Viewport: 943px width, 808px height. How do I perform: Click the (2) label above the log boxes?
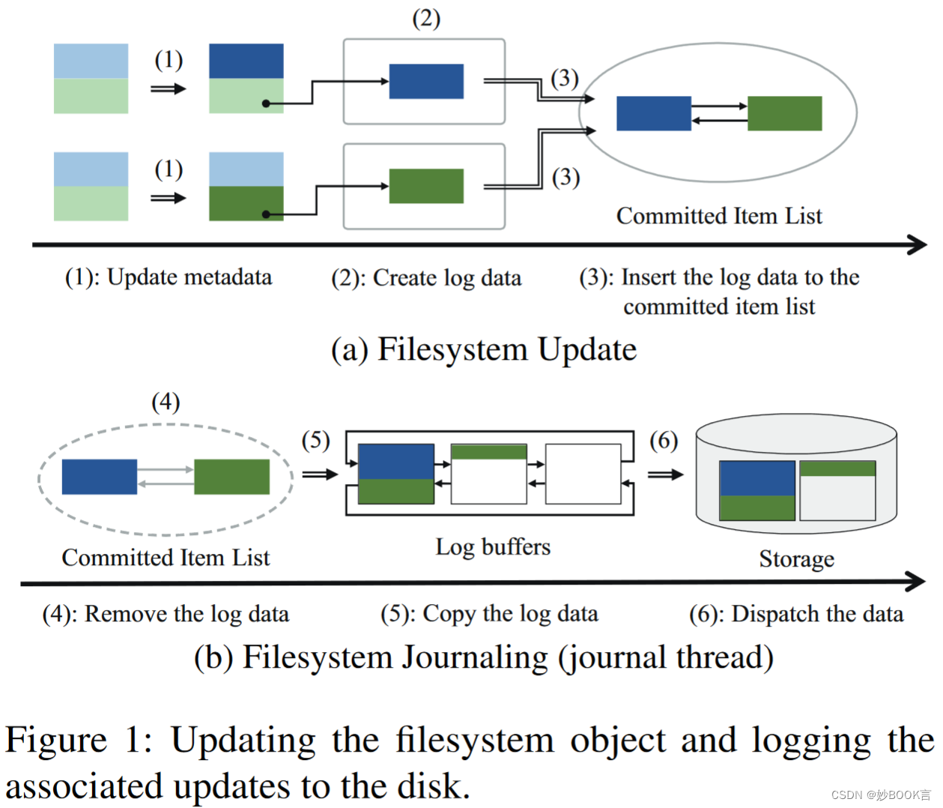click(426, 18)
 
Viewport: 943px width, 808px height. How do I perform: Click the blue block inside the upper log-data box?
click(426, 82)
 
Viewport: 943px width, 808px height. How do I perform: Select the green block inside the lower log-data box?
click(426, 186)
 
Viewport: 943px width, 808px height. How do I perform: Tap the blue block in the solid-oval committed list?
click(653, 113)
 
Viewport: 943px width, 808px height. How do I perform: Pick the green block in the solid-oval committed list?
click(784, 113)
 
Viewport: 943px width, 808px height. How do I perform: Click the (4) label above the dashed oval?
click(166, 403)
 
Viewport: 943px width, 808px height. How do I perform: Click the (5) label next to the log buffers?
click(315, 440)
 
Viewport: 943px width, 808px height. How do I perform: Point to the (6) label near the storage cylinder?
click(664, 440)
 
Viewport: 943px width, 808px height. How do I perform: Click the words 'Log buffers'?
click(493, 546)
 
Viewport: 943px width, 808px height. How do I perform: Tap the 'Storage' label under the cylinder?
click(796, 559)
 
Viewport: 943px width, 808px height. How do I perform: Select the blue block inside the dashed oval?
click(99, 477)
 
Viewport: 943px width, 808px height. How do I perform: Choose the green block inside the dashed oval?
click(231, 477)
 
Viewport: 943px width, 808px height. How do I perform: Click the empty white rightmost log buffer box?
click(583, 474)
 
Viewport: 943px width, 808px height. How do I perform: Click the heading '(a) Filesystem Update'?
click(484, 349)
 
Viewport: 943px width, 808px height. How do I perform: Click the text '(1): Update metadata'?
click(169, 277)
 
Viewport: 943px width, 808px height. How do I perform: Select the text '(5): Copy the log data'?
click(489, 614)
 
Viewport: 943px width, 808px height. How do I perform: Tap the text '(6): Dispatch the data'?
click(796, 614)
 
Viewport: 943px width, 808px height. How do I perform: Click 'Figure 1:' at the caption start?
click(79, 741)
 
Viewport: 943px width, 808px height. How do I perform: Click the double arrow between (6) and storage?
click(665, 474)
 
